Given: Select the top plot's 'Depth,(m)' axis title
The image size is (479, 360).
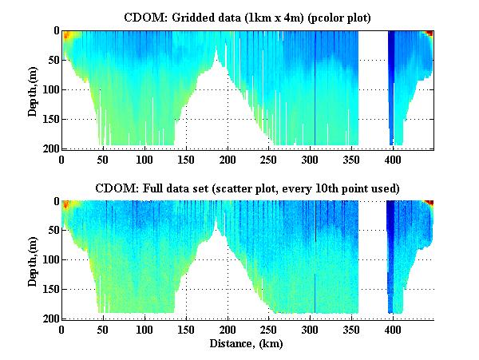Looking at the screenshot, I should click(33, 89).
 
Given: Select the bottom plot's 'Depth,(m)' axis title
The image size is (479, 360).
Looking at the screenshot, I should click(33, 260).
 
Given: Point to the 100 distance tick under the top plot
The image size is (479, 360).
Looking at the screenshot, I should click(144, 159).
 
